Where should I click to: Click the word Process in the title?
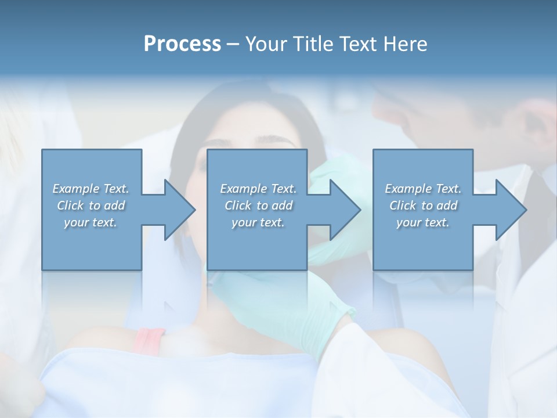(x=182, y=44)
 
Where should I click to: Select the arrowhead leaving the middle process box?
(x=344, y=210)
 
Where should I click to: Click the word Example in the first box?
(x=76, y=189)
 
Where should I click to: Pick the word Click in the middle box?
(x=238, y=206)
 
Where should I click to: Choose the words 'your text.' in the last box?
(x=423, y=222)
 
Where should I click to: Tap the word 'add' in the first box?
(x=114, y=206)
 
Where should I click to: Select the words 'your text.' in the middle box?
(x=258, y=222)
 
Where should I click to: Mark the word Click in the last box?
(x=403, y=206)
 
